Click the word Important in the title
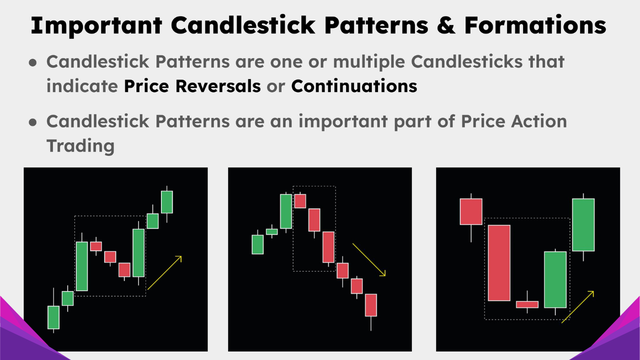[95, 25]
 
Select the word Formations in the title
[535, 25]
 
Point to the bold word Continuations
[354, 86]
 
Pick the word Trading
[80, 145]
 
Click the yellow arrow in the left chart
[165, 272]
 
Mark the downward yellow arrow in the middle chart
[369, 259]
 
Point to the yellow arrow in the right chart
[578, 306]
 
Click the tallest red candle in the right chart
[499, 263]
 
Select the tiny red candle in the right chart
[527, 304]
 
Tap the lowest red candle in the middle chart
[370, 305]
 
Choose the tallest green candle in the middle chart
[286, 211]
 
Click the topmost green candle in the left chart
[166, 201]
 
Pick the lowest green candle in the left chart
[53, 317]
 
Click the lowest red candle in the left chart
[124, 269]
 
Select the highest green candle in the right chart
[583, 224]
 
